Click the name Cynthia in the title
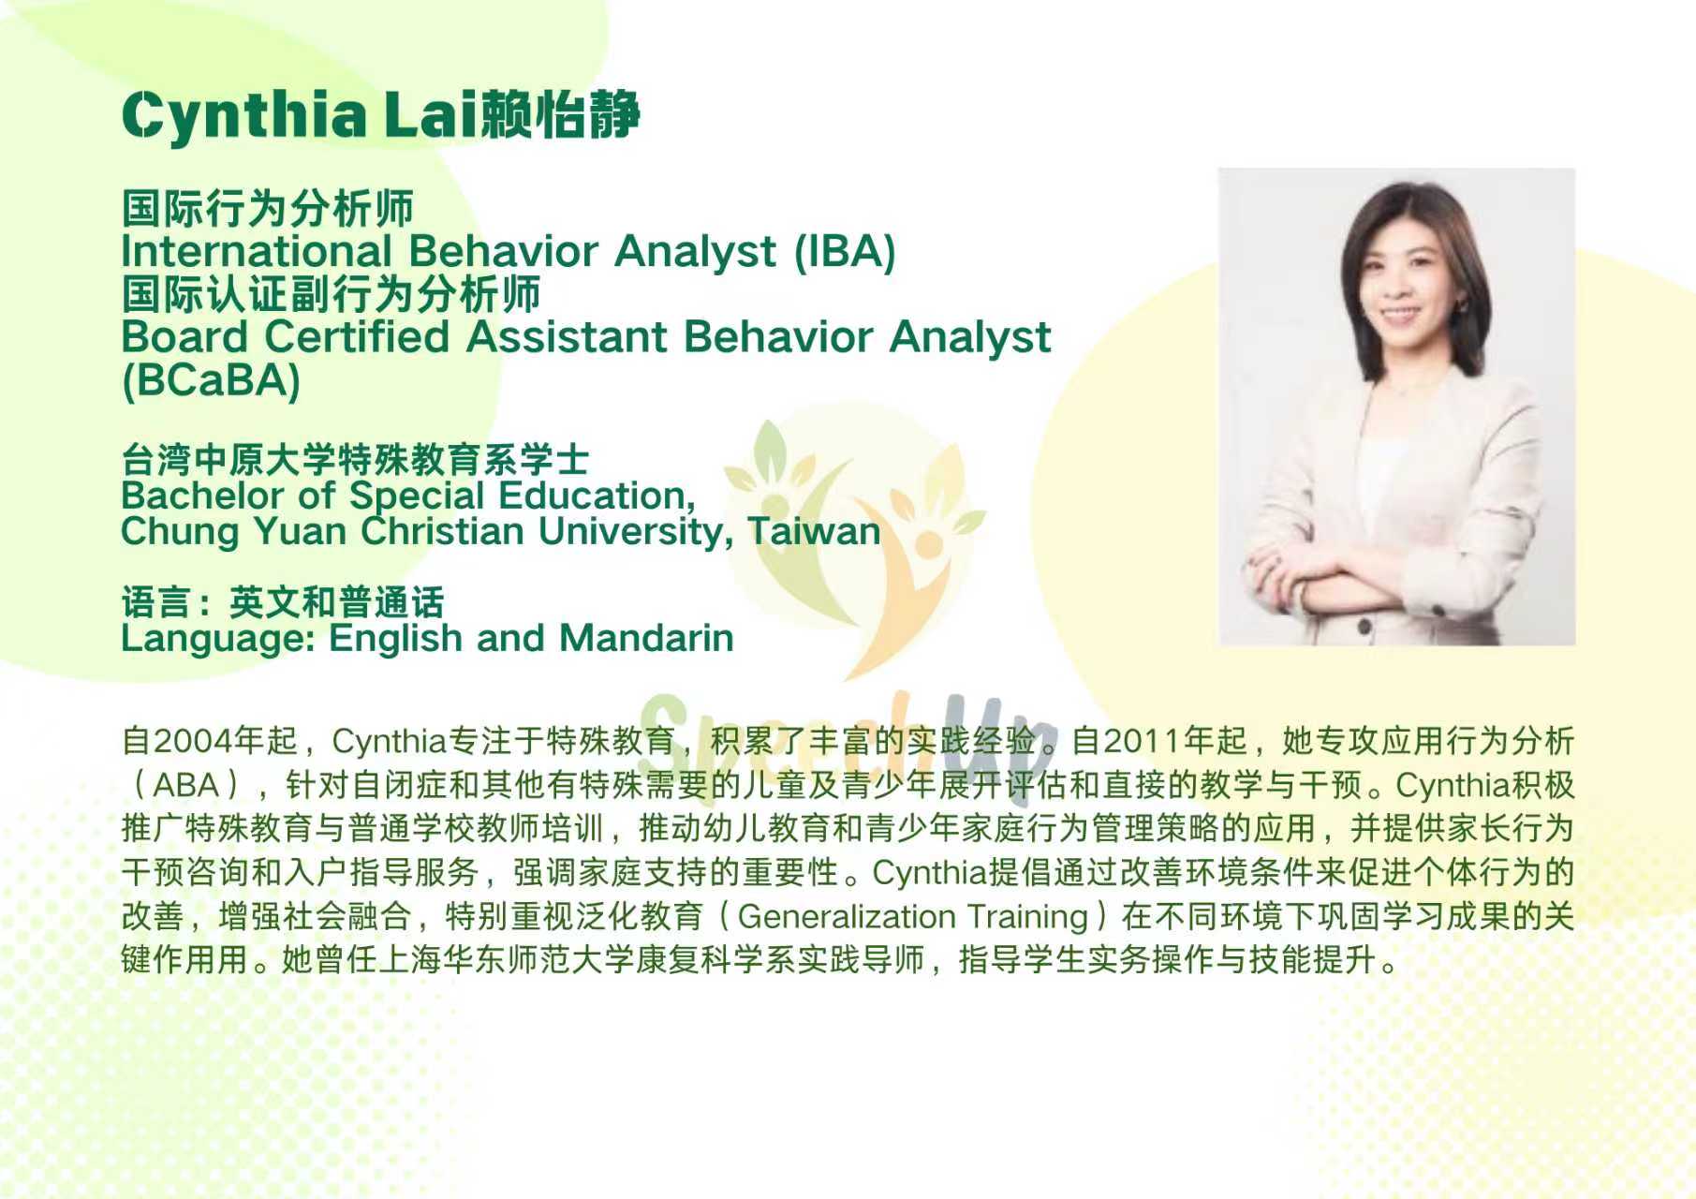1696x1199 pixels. pos(244,116)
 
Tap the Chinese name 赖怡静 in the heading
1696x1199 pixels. pos(559,114)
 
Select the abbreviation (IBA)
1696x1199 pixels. pos(845,251)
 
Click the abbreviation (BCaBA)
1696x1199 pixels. pos(211,380)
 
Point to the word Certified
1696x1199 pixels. pos(357,336)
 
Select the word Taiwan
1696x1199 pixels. pos(814,531)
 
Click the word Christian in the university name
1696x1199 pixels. pos(443,531)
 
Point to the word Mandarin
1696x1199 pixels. pos(646,638)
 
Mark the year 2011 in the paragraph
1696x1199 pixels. pos(1142,741)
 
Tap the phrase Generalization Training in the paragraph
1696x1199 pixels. pos(913,916)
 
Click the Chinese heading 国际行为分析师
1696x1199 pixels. pos(268,208)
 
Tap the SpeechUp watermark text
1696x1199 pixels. pos(848,740)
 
